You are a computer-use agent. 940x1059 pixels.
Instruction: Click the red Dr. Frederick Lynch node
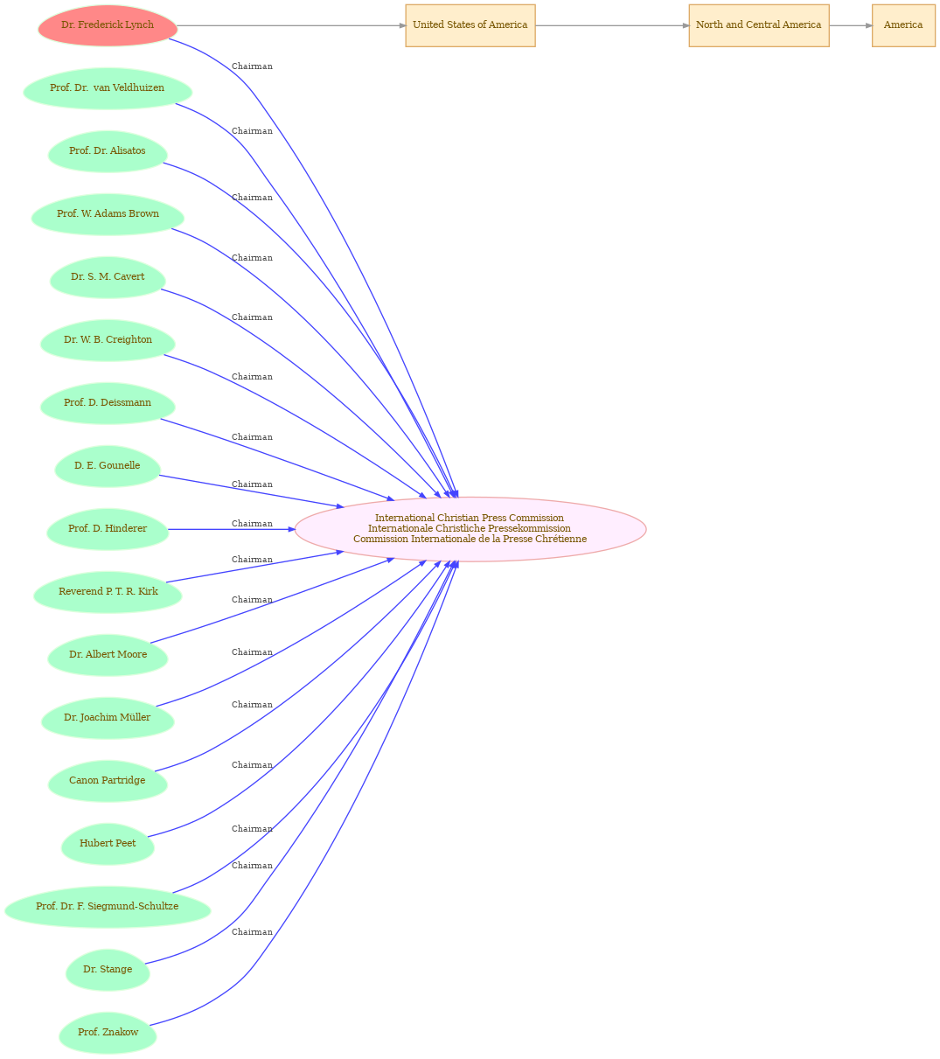tap(108, 25)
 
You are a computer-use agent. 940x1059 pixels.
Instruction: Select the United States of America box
tap(470, 25)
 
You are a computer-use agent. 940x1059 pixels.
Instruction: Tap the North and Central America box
tap(759, 25)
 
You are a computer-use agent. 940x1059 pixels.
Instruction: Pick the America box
tap(903, 25)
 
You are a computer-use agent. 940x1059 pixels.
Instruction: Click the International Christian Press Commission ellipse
tap(470, 529)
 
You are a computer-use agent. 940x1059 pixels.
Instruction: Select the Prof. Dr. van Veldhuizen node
tap(108, 88)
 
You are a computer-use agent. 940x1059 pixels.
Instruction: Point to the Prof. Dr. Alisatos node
tap(108, 151)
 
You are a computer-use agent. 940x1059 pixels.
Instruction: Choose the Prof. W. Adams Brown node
tap(108, 214)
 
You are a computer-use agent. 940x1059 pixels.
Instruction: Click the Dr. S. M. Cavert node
tap(108, 277)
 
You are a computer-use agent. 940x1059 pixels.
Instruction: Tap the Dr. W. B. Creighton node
tap(108, 340)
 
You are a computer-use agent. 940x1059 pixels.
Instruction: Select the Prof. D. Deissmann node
tap(108, 403)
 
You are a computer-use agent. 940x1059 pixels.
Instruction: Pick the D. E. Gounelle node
tap(108, 466)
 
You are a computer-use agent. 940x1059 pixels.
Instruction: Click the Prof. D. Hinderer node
tap(108, 529)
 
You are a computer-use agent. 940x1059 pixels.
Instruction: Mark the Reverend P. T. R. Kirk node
tap(108, 592)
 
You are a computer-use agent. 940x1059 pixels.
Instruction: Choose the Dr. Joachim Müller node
tap(108, 718)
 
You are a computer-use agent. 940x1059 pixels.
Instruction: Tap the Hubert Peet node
tap(108, 844)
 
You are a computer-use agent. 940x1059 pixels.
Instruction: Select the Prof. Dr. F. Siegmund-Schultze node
tap(108, 907)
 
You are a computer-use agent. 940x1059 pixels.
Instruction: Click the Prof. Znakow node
tap(108, 1033)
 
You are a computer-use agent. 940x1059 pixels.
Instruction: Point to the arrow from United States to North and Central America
tap(612, 25)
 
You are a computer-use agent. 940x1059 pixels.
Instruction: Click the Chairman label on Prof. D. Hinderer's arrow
tap(252, 524)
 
